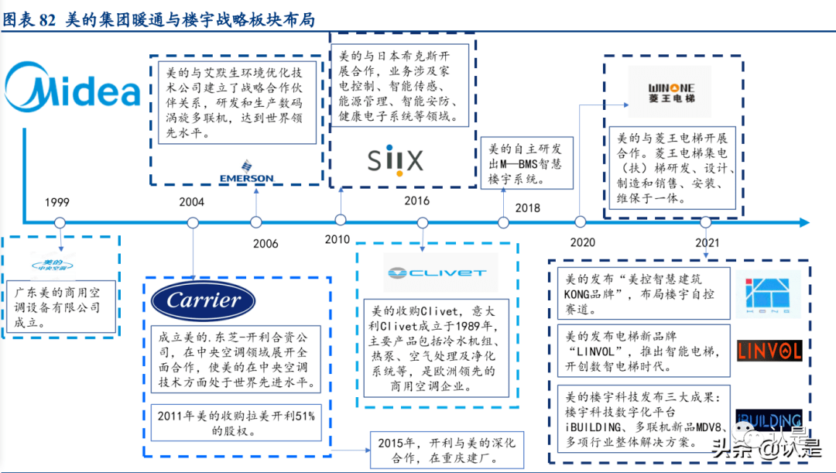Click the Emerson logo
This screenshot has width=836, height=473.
[246, 172]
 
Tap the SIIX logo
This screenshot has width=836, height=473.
[394, 161]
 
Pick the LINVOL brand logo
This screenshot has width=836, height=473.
[769, 351]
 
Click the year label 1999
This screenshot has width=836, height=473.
[57, 203]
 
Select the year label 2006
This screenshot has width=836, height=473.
[265, 243]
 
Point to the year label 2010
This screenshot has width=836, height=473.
[337, 239]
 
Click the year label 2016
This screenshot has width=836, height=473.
[416, 201]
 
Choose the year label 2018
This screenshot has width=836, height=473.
[528, 207]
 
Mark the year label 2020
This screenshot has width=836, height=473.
[583, 242]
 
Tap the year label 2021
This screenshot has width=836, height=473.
[707, 242]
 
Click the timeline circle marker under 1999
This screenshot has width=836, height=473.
[59, 223]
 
